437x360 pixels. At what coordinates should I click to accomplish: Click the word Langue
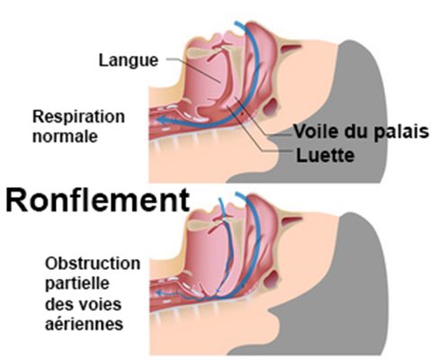coord(129,61)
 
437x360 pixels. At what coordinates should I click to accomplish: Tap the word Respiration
coord(78,117)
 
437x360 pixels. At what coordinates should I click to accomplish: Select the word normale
coord(65,137)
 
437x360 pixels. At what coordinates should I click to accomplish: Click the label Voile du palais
coord(361,132)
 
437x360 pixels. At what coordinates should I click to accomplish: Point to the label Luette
coord(326,156)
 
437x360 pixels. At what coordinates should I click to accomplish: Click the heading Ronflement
coord(98,200)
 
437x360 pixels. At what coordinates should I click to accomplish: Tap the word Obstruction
coord(93,264)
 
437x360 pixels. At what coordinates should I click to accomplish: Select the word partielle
coord(77,283)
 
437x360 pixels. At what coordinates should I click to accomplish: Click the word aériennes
coord(85,324)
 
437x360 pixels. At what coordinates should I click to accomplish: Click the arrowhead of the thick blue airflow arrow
coord(162,121)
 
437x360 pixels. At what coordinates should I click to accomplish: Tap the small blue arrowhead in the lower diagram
coord(159,292)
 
